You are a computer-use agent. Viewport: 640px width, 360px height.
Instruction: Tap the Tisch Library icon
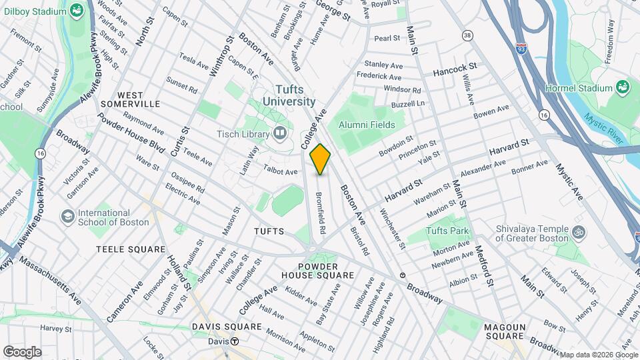click(x=281, y=135)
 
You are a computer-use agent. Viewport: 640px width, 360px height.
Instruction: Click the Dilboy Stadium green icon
click(x=77, y=10)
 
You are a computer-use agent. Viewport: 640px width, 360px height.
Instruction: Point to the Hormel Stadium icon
click(x=622, y=87)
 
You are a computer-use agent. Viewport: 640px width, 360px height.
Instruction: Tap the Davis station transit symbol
click(x=235, y=341)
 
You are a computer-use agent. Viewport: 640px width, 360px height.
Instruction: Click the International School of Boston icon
click(x=67, y=217)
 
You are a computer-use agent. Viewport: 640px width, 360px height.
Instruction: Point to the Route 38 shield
click(x=467, y=35)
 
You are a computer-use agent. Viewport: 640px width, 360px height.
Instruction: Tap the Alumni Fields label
click(x=367, y=125)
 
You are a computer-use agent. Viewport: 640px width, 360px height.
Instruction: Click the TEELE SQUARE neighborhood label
click(x=130, y=249)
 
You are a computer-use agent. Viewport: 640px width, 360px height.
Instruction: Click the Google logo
click(x=22, y=351)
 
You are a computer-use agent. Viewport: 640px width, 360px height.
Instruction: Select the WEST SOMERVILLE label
click(x=130, y=99)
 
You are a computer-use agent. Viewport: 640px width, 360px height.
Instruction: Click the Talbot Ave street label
click(x=281, y=171)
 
